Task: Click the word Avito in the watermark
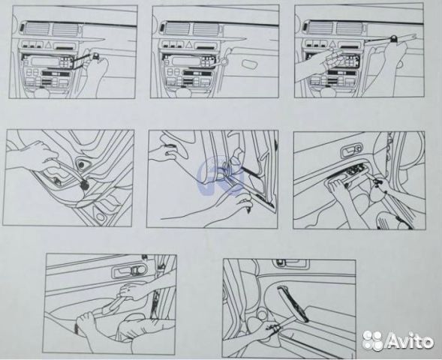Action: tap(410, 340)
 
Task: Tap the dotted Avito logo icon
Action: tap(373, 340)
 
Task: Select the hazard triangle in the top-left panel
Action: tap(48, 44)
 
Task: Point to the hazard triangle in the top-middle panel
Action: tap(189, 45)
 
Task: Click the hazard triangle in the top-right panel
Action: tap(333, 44)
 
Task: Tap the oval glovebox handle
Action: tap(249, 64)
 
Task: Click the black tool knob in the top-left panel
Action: tap(97, 55)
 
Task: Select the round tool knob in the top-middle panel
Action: tap(224, 61)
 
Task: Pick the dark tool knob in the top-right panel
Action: tap(393, 38)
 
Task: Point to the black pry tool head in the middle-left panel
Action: tap(84, 184)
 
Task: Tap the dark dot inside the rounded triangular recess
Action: tap(82, 165)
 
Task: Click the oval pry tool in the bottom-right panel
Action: tap(293, 304)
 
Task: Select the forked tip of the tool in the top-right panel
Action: tap(412, 36)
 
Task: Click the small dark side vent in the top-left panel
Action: tap(23, 27)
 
